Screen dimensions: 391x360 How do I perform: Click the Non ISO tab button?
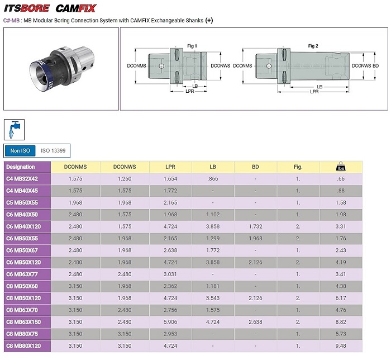(x=20, y=151)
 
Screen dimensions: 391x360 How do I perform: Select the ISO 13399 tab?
(x=53, y=151)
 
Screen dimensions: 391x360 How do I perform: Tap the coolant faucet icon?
(x=14, y=130)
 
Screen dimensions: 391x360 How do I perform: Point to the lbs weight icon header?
(x=341, y=167)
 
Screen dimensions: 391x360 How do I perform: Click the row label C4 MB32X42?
(x=22, y=179)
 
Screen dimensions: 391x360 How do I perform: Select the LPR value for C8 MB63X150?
(x=170, y=322)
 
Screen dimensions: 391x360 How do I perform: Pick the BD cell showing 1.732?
(x=255, y=226)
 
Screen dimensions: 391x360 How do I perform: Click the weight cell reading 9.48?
(x=341, y=346)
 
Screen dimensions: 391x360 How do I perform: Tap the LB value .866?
(x=213, y=179)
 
